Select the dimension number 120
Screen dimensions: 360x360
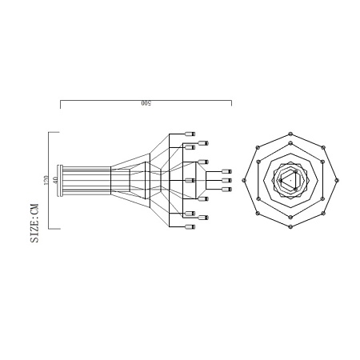46,180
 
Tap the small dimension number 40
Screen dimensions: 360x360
55,180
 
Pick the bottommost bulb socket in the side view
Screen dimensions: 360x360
190,226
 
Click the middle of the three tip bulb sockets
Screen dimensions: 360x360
226,181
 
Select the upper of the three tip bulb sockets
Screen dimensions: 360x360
226,171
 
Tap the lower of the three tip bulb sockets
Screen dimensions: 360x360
226,190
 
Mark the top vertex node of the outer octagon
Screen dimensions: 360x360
290,133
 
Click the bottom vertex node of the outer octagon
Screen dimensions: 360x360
290,227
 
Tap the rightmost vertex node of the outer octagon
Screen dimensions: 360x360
337,180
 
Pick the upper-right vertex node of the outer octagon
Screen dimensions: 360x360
322,146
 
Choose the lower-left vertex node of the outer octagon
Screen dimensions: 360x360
257,214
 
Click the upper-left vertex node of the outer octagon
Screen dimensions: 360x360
257,146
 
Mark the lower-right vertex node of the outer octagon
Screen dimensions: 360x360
322,214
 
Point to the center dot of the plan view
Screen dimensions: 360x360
290,180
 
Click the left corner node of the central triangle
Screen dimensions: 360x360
280,180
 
